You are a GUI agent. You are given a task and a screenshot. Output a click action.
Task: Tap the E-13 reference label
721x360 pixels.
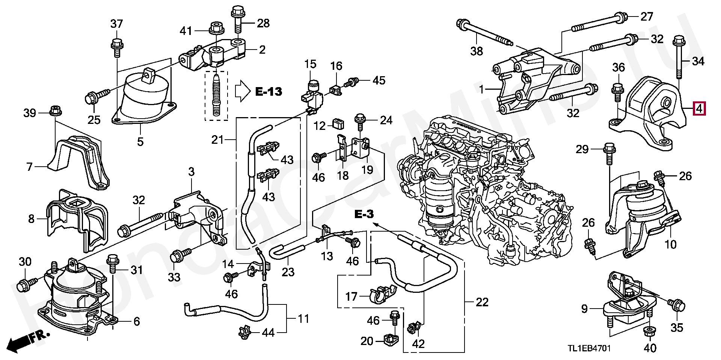click(268, 91)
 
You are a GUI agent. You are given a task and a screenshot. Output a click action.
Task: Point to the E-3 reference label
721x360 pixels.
click(364, 215)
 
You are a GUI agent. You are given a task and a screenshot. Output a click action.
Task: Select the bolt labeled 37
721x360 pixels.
click(116, 47)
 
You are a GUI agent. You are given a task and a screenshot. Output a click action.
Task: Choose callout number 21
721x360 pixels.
click(217, 140)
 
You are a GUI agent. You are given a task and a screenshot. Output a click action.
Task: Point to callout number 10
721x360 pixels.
click(671, 245)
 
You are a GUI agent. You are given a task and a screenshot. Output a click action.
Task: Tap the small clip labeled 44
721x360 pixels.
click(245, 331)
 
